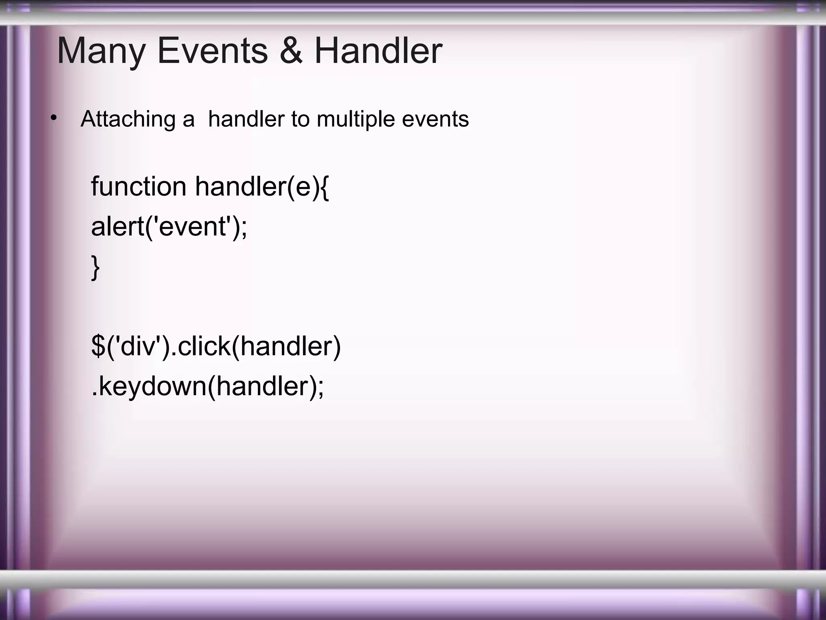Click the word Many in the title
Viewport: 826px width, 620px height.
click(101, 52)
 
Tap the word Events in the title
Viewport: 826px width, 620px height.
click(212, 51)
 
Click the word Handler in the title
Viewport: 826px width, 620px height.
click(378, 51)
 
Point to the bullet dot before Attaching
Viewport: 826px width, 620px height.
click(53, 118)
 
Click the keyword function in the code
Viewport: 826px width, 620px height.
click(138, 186)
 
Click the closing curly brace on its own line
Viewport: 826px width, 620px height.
click(96, 267)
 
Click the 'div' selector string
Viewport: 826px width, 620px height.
click(138, 346)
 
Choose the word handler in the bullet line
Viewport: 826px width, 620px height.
click(246, 119)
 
